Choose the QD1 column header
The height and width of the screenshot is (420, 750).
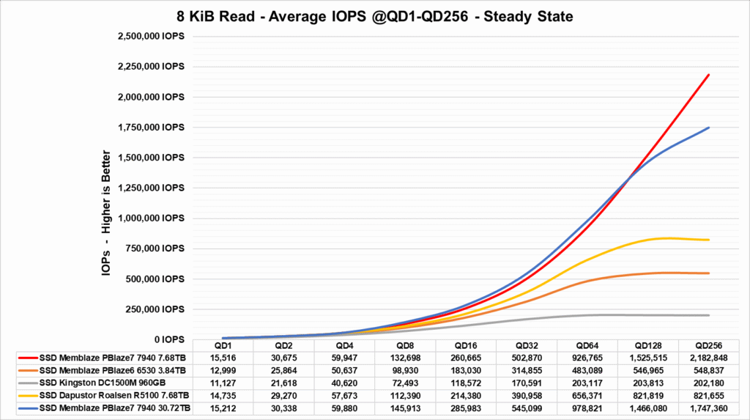[223, 345]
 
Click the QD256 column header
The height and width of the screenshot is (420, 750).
[710, 345]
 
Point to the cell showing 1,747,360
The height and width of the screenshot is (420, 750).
[710, 408]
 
